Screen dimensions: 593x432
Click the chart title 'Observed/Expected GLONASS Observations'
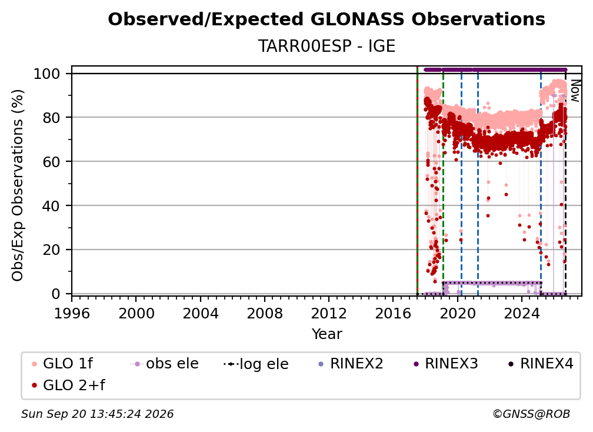coord(327,19)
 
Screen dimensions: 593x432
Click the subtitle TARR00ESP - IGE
coord(327,46)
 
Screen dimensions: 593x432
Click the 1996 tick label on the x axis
coord(72,313)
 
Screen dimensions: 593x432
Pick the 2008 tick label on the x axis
coord(264,313)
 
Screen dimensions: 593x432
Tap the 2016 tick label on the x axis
coord(393,313)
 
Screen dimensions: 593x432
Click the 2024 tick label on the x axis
coord(521,313)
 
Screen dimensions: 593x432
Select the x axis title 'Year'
coord(327,334)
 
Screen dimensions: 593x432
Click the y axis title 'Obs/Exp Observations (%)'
coord(18,185)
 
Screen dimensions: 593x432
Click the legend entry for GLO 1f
coord(62,364)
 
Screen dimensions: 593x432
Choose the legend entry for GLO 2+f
coord(68,385)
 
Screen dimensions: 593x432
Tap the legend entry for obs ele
coord(164,364)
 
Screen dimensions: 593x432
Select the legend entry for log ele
coord(256,364)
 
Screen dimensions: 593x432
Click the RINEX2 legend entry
coord(351,364)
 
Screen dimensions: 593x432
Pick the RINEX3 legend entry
coord(445,364)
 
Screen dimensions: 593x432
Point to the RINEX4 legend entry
coord(541,364)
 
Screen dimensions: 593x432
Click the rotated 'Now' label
coord(575,91)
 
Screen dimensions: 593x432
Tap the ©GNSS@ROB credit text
coord(531,414)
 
